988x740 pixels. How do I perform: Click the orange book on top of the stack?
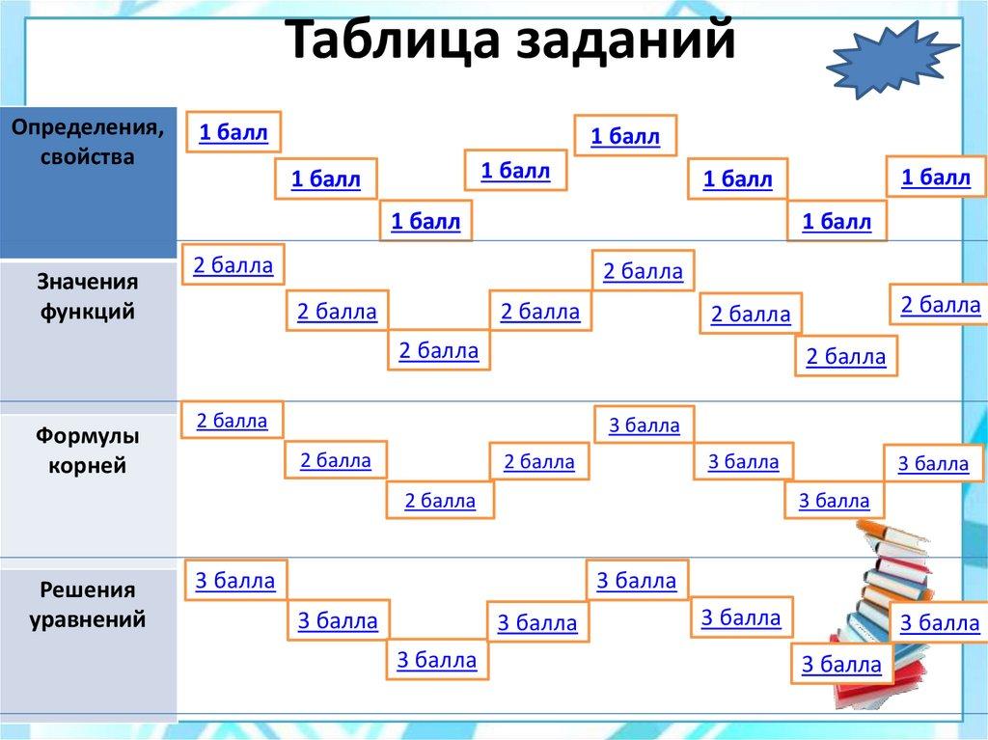[885, 529]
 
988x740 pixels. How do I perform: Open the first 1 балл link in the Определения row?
[233, 133]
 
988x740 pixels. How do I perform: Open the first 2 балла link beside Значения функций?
[233, 265]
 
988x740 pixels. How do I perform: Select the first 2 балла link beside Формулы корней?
[232, 421]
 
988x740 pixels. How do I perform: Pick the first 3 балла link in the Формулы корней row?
[644, 425]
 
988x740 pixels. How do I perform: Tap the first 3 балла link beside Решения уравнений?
[235, 581]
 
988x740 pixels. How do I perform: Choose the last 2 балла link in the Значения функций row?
[940, 306]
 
